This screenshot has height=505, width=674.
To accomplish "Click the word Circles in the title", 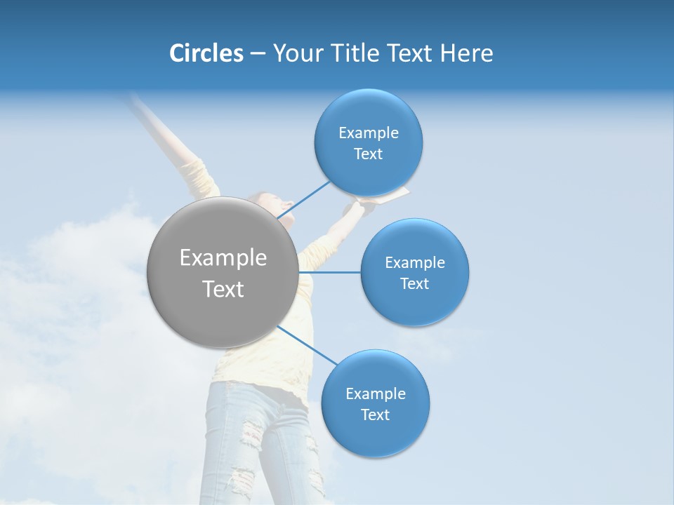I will click(x=206, y=53).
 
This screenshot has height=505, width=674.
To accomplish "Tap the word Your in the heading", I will click(x=297, y=53).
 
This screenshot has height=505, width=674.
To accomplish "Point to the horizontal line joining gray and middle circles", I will click(x=329, y=272).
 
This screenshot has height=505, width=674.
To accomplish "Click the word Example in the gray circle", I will click(x=223, y=258).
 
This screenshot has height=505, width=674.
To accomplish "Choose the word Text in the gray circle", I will click(x=223, y=289).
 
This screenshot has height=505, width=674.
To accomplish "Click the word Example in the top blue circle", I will click(x=368, y=133).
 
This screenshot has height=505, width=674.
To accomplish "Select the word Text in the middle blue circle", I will click(x=414, y=284).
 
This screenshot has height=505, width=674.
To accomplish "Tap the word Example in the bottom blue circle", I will click(x=375, y=393).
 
